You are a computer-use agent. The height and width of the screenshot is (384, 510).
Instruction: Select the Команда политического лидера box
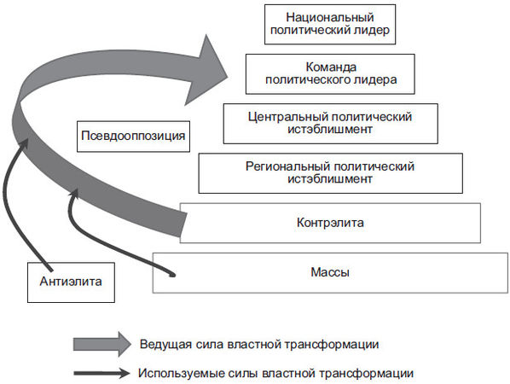tap(329, 74)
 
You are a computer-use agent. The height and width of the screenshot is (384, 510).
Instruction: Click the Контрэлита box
tap(329, 224)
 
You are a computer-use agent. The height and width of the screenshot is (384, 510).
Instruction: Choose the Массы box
tap(329, 272)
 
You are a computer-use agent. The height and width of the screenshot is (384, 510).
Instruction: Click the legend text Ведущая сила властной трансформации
tap(258, 344)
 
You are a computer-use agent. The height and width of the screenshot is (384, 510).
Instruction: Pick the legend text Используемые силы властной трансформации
tap(275, 373)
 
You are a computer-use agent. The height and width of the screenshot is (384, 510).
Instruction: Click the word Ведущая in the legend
tap(164, 344)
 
